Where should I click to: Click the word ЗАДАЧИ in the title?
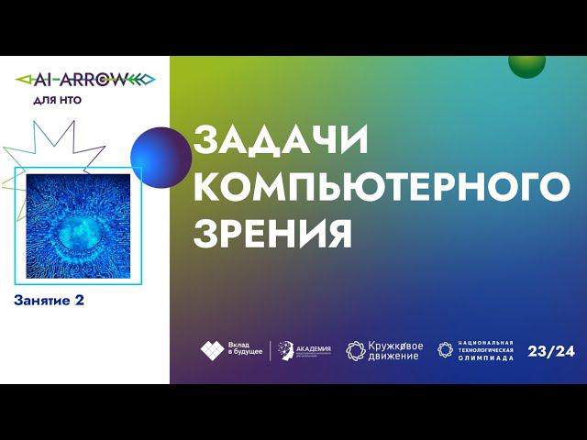[280, 141]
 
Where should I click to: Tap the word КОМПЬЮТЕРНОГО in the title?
[380, 186]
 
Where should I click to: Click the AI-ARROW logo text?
[85, 79]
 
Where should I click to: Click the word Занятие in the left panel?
[43, 300]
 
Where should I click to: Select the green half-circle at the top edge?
[526, 64]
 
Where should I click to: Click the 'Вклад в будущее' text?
[245, 349]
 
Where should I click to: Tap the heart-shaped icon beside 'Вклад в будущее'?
[212, 349]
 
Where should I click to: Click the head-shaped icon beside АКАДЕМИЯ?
[285, 349]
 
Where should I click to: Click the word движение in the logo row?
[393, 356]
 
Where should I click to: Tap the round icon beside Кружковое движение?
[355, 350]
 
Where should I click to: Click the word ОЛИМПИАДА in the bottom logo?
[485, 357]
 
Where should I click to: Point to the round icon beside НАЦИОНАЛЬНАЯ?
[445, 349]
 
